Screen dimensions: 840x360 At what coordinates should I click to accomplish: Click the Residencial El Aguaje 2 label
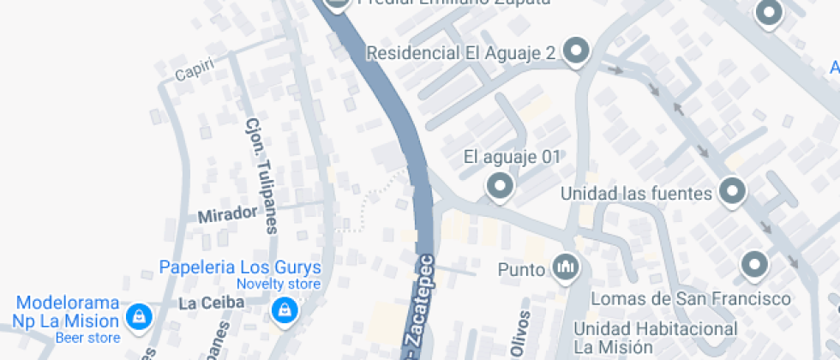[x=461, y=53]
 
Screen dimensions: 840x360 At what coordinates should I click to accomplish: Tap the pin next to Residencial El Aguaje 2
[x=577, y=51]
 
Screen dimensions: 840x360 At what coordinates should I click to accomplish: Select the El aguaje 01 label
[x=511, y=157]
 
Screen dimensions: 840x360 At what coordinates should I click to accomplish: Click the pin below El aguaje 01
[x=498, y=185]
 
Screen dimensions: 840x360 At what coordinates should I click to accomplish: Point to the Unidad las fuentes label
[x=636, y=194]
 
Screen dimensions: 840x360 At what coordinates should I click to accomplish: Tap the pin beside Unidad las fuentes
[x=731, y=192]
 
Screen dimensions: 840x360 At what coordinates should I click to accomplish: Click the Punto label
[x=521, y=270]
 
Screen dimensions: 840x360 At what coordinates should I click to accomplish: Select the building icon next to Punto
[x=565, y=269]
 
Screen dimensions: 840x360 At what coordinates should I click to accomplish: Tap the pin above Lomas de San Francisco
[x=753, y=264]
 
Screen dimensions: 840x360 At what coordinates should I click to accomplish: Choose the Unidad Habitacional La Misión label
[x=656, y=338]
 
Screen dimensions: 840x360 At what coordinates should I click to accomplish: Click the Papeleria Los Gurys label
[x=240, y=267]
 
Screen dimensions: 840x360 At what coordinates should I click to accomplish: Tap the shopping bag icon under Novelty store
[x=284, y=309]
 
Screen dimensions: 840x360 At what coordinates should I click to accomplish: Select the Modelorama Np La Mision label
[x=67, y=312]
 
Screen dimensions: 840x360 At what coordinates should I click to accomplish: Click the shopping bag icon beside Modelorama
[x=137, y=318]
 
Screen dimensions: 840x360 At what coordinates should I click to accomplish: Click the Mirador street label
[x=227, y=214]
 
